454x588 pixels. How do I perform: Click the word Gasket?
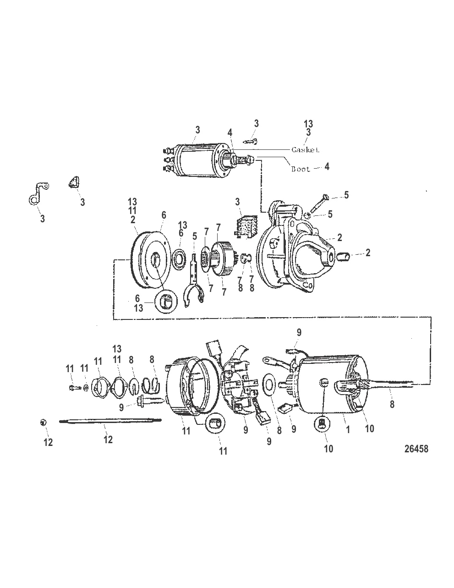(x=305, y=150)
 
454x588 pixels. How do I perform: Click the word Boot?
(x=301, y=169)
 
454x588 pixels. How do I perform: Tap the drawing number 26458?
(x=416, y=449)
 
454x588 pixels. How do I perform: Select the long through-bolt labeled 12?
(x=110, y=420)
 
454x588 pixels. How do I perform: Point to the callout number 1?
(x=348, y=430)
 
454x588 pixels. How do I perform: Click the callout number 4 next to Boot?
(x=327, y=167)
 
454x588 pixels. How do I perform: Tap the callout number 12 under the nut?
(x=48, y=442)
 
